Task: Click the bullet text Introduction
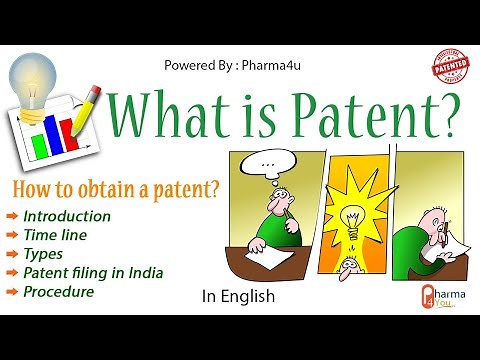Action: pos(67,216)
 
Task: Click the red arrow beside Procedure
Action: pos(11,292)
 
